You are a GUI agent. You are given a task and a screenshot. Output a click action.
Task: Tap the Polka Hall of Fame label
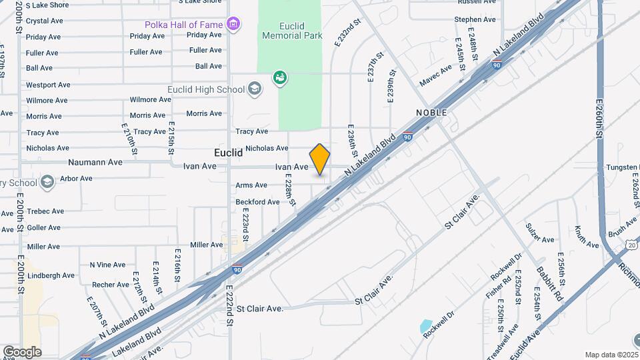(x=184, y=25)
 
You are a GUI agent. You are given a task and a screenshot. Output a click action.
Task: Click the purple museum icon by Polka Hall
(x=233, y=25)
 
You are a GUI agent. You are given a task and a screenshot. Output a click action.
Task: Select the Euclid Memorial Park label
(x=301, y=31)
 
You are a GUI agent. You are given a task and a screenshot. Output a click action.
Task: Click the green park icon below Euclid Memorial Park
(x=280, y=78)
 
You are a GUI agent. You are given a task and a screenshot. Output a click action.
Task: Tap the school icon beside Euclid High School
(x=254, y=89)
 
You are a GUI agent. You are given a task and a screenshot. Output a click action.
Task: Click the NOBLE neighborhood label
(x=431, y=113)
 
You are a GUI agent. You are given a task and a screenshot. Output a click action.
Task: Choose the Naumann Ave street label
(x=95, y=162)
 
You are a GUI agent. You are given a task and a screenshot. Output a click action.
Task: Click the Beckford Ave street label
(x=257, y=201)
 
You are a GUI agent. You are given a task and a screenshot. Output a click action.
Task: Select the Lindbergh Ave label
(x=50, y=275)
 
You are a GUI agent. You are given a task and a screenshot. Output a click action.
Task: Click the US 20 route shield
(x=631, y=245)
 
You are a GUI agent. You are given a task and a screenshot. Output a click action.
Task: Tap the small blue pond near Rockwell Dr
(x=426, y=327)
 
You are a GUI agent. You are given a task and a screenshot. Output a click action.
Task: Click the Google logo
(x=22, y=351)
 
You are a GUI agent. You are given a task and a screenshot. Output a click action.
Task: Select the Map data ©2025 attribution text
(x=611, y=355)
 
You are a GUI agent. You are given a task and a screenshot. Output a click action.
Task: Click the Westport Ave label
(x=48, y=85)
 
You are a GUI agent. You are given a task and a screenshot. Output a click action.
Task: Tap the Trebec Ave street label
(x=46, y=211)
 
